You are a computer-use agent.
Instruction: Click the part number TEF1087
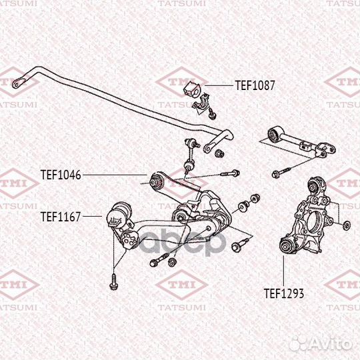pos(255,86)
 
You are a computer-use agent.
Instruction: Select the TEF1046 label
pos(61,175)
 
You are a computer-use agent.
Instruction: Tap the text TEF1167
pos(61,216)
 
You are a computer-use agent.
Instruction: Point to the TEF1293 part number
pos(283,292)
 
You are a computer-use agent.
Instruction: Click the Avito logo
pos(329,343)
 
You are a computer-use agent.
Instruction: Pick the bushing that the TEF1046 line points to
pos(158,179)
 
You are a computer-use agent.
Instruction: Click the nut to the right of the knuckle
pos(345,224)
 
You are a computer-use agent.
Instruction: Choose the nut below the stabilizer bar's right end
pos(219,154)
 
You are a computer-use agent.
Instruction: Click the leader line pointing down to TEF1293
pos(283,270)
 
